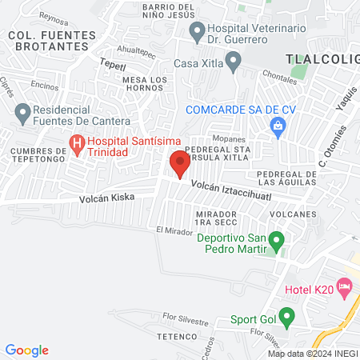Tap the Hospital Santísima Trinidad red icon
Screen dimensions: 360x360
click(x=77, y=145)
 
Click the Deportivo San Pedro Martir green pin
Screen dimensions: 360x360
click(x=277, y=239)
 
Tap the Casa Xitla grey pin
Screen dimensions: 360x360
click(x=234, y=60)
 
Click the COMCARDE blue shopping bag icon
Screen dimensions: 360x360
click(x=278, y=126)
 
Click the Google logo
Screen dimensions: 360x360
click(x=26, y=350)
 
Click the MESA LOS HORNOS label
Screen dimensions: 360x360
click(x=146, y=85)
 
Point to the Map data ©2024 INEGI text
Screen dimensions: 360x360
click(x=311, y=354)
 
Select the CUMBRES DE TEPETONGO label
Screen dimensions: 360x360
click(x=38, y=156)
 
